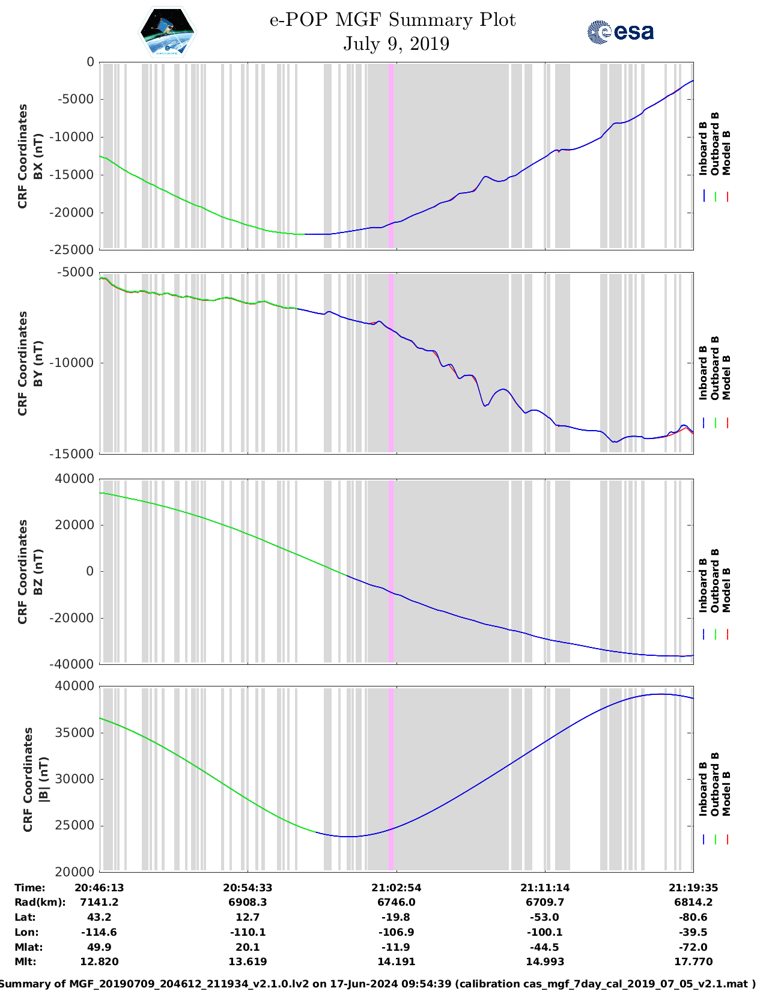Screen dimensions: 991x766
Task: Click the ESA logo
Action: (x=621, y=32)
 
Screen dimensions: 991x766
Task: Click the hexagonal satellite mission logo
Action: (x=168, y=32)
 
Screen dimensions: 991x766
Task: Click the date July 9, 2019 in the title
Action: (x=396, y=44)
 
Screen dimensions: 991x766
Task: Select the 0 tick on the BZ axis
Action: (x=90, y=571)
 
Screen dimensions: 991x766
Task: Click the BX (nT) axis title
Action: (x=38, y=156)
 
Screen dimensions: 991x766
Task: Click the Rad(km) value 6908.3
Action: (x=248, y=902)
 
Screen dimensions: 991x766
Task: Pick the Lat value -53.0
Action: (x=545, y=917)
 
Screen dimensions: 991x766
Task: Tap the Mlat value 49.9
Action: (x=99, y=947)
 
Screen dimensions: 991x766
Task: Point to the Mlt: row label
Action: (x=25, y=962)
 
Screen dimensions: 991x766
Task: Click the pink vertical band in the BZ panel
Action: (x=391, y=571)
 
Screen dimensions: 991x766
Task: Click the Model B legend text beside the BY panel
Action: (x=726, y=377)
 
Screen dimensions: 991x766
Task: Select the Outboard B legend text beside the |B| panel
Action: (x=715, y=784)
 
